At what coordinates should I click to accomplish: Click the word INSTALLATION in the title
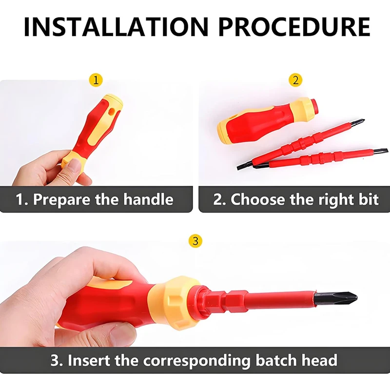click(x=116, y=27)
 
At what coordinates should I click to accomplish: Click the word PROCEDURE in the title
click(x=294, y=27)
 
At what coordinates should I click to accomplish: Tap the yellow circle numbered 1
click(x=96, y=80)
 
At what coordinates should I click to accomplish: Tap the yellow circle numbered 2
click(x=295, y=80)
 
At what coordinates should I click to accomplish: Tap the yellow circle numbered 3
click(x=195, y=241)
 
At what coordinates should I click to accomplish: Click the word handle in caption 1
click(x=148, y=199)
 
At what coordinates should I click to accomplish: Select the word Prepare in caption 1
click(x=61, y=200)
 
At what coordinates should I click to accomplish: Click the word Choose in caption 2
click(x=257, y=199)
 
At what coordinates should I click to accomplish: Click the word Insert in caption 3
click(x=89, y=360)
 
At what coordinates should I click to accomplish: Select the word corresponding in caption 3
click(x=197, y=361)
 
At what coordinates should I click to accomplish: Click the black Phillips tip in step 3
click(x=336, y=297)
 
